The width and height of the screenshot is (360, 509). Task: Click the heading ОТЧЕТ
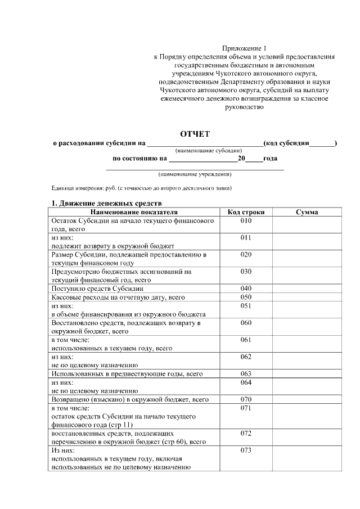195,133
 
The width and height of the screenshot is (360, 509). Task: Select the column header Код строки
246,212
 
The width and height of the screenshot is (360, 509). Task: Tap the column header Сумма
307,212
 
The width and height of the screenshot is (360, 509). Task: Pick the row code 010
246,221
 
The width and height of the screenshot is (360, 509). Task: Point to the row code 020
246,254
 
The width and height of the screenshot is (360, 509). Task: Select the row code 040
246,289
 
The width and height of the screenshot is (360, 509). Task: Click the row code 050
246,297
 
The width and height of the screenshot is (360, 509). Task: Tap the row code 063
246,373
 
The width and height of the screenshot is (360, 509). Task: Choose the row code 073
246,451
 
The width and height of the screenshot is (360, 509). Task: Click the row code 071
246,408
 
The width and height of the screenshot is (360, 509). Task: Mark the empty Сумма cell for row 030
307,275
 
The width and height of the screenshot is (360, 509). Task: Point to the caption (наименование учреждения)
195,174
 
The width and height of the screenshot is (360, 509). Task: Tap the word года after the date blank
270,159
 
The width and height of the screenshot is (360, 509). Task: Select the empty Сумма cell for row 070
307,399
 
